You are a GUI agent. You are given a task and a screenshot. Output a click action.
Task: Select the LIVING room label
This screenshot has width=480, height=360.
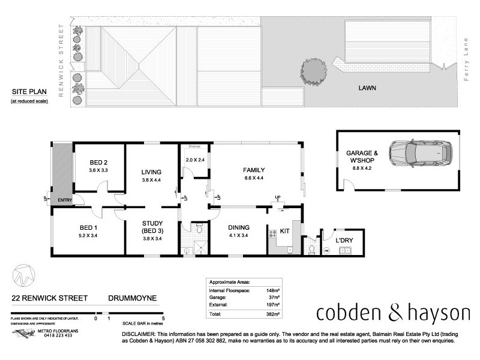click(x=151, y=173)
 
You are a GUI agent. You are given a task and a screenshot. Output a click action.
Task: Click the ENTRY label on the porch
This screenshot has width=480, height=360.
click(x=64, y=200)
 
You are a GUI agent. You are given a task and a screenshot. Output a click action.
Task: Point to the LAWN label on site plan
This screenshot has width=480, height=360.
click(x=368, y=88)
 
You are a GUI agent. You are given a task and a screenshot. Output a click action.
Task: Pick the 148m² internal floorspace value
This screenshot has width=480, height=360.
click(x=274, y=289)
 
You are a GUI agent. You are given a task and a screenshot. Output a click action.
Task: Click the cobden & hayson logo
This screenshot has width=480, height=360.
click(x=393, y=313)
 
